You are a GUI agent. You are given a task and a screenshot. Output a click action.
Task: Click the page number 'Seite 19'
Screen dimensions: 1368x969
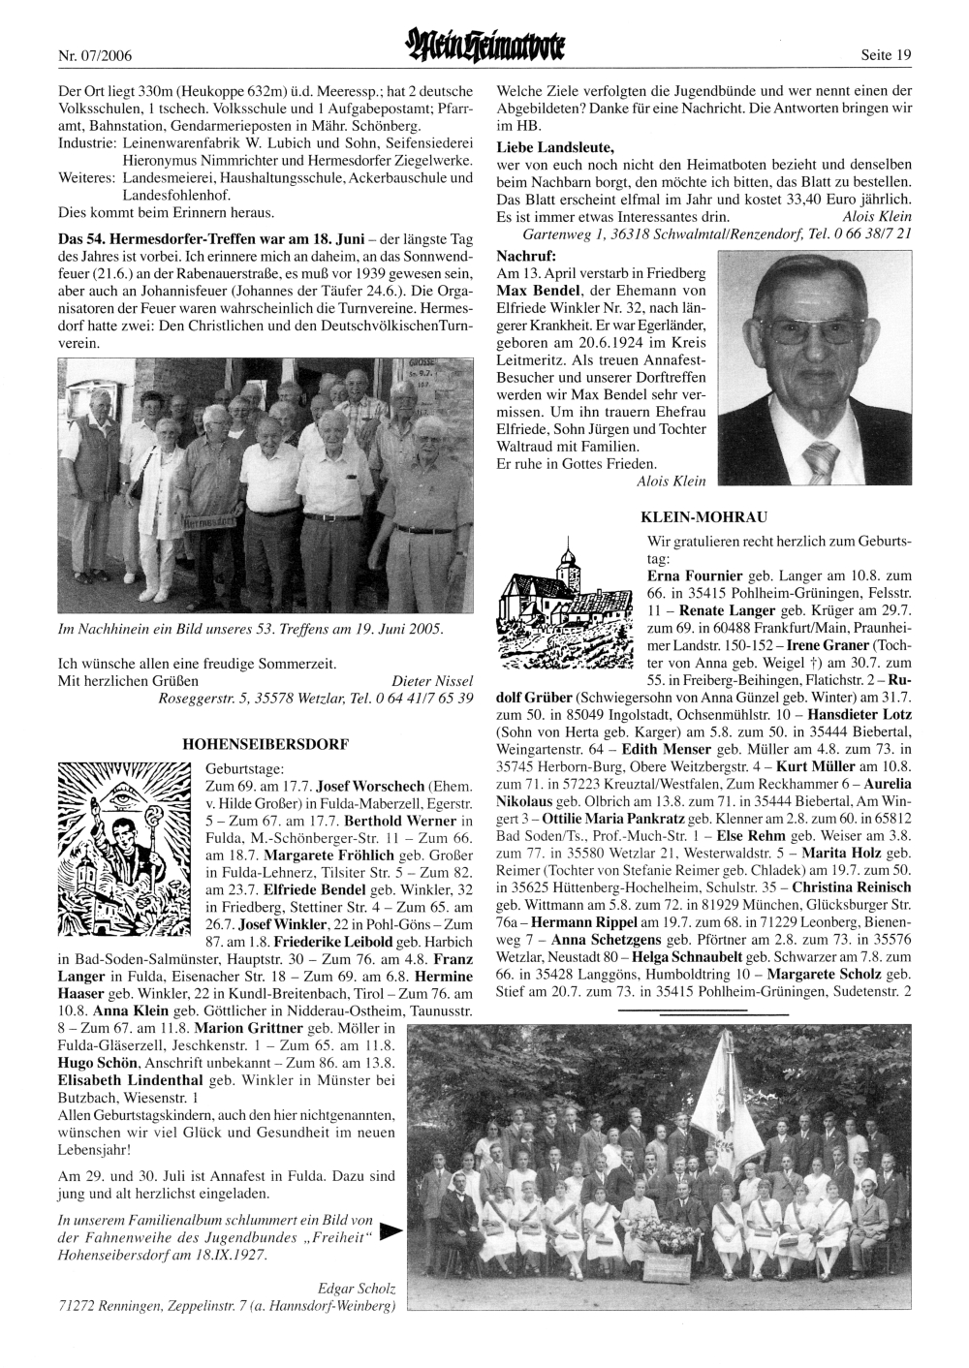tap(886, 55)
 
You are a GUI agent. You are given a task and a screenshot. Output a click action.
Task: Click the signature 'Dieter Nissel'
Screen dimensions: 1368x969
tap(432, 681)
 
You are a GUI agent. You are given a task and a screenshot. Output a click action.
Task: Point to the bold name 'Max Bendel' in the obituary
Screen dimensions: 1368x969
tap(532, 291)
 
